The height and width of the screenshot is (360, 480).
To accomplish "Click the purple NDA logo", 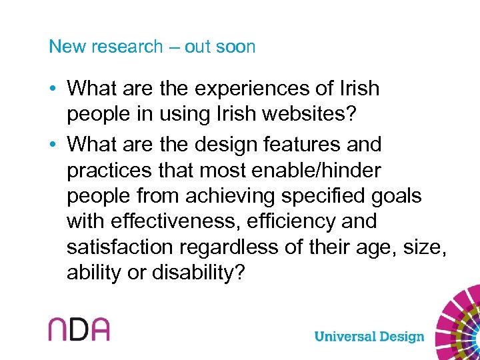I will (x=79, y=329).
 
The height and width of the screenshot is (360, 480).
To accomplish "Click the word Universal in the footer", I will (x=346, y=336).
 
